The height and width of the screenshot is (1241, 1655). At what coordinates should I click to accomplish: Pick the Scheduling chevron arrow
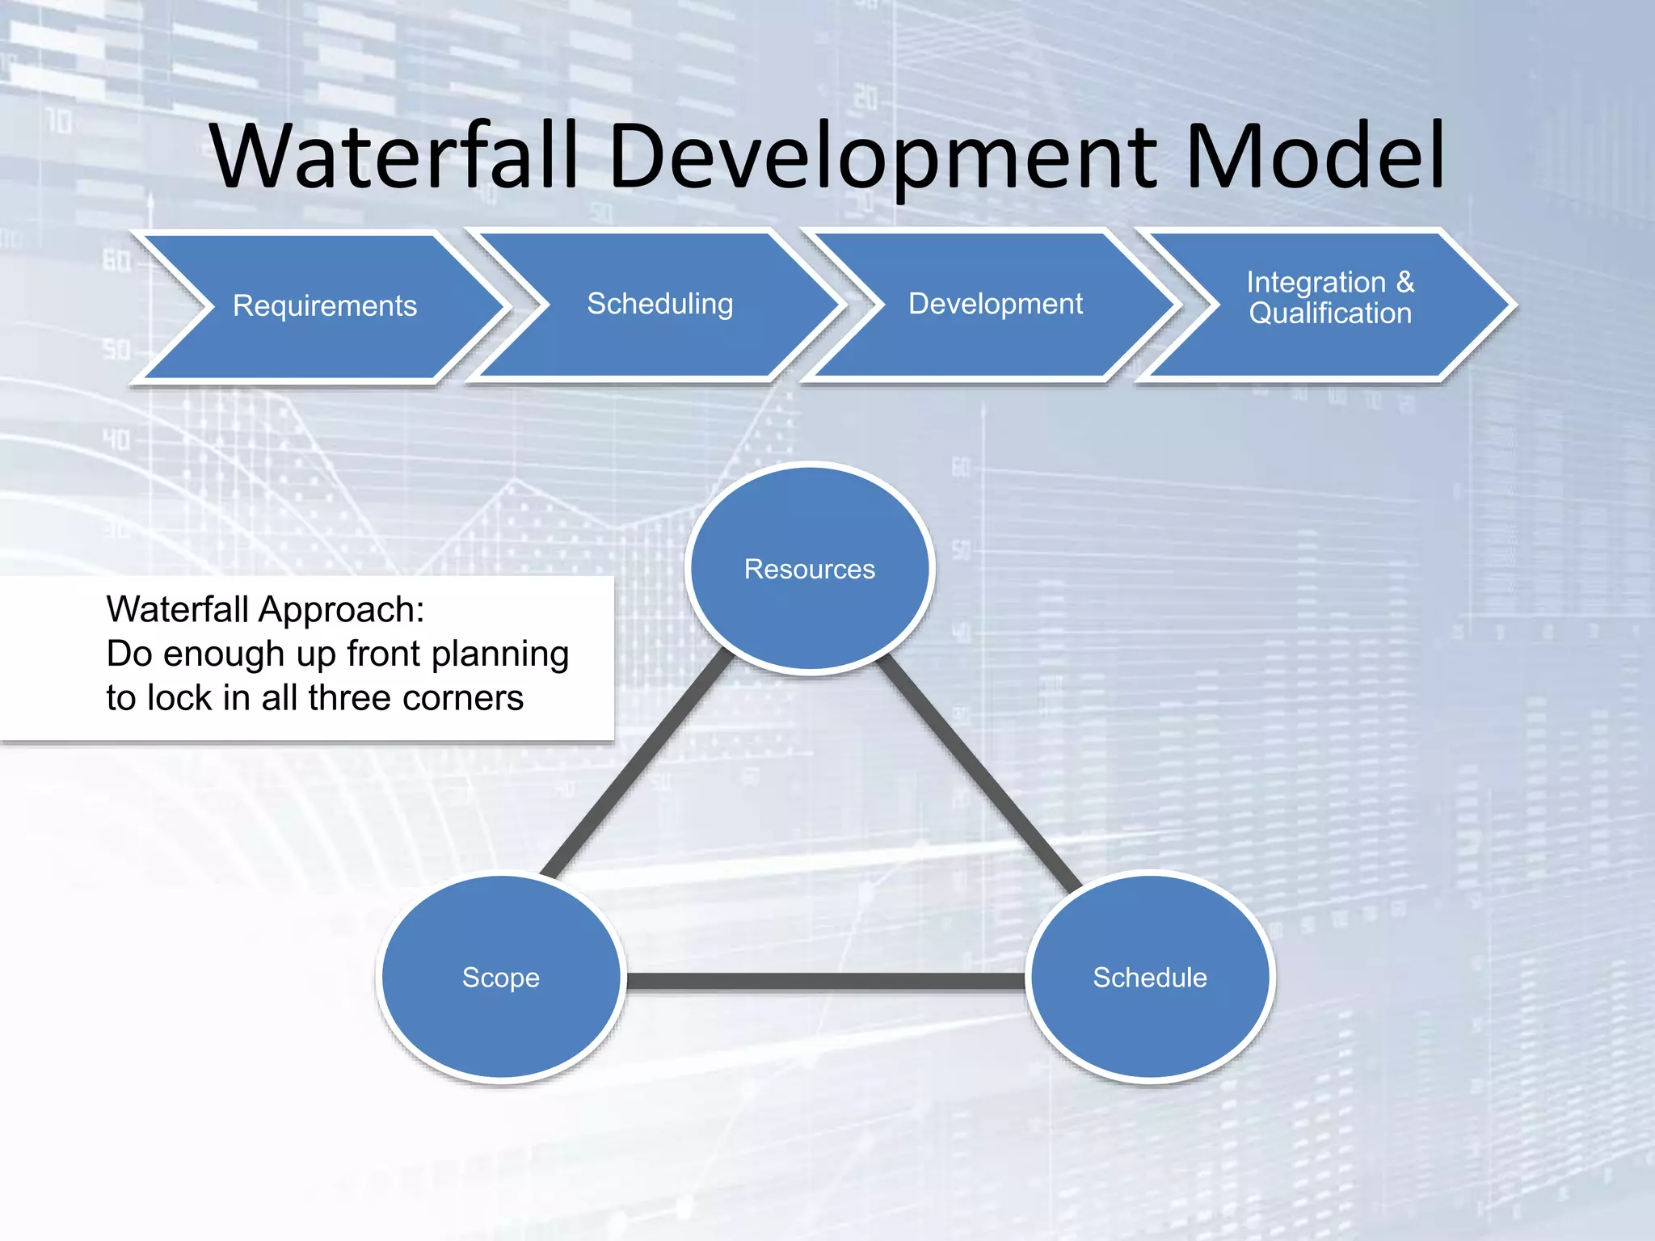(x=659, y=305)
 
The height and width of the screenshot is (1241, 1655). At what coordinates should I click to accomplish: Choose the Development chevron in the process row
(x=995, y=305)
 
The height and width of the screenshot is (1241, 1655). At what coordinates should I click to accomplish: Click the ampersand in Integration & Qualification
(x=1405, y=282)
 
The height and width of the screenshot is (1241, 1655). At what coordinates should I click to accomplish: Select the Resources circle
(x=810, y=569)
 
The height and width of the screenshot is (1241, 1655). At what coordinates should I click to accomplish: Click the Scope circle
(x=500, y=978)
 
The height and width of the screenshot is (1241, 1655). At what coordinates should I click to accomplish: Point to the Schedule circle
(x=1150, y=978)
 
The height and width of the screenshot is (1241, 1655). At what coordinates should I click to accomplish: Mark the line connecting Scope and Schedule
(x=824, y=982)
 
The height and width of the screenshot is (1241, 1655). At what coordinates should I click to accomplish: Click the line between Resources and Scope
(x=638, y=764)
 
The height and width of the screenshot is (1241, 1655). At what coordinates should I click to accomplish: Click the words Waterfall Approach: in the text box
(x=265, y=610)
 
